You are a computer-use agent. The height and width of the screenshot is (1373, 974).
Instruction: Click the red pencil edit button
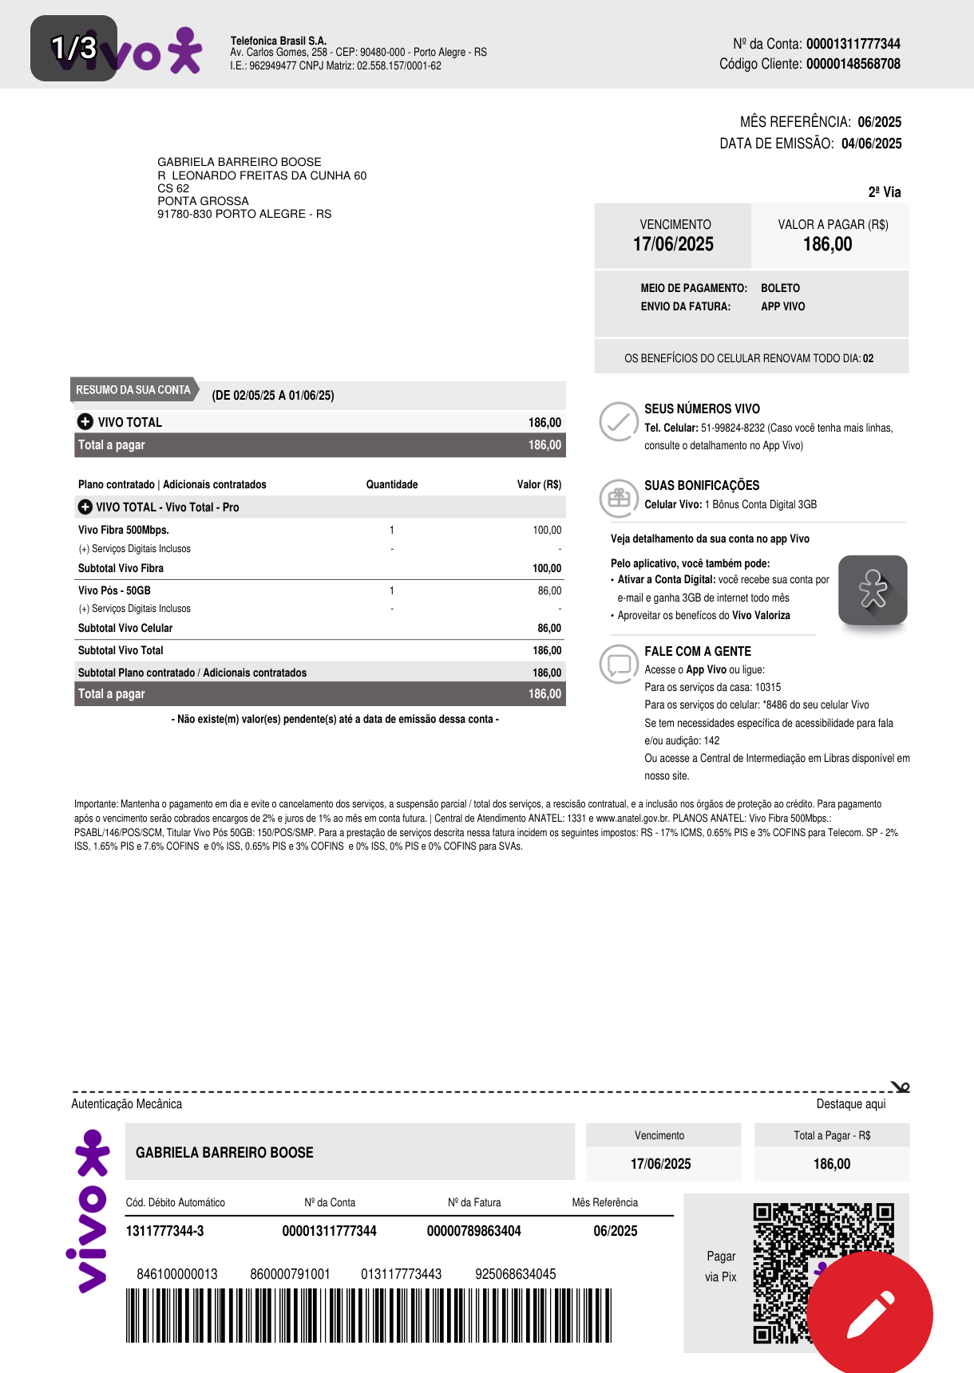869,1314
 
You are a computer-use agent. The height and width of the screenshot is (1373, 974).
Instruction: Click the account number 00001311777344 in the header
853,44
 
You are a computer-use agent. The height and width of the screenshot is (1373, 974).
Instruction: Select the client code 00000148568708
853,64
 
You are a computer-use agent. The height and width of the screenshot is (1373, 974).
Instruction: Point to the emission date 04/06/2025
871,144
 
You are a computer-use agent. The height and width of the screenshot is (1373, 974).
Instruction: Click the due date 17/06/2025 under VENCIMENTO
673,245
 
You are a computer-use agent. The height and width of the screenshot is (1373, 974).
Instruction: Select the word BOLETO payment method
780,288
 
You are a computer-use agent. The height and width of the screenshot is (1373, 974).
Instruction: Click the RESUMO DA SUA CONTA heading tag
133,390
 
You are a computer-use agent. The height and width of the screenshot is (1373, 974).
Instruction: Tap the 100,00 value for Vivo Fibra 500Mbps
547,530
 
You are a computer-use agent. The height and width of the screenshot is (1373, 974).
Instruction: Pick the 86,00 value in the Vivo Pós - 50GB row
549,590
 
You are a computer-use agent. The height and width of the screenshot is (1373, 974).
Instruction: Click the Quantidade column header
392,484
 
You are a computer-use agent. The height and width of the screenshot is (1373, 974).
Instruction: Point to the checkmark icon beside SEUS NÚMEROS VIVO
619,422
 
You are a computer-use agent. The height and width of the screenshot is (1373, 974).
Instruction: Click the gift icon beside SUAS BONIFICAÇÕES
619,498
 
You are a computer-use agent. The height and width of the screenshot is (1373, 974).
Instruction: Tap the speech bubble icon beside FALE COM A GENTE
619,664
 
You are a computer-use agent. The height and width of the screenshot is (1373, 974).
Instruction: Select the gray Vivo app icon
873,590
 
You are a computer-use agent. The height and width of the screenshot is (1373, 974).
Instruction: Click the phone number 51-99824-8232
732,428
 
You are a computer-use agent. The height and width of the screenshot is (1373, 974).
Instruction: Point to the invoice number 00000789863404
473,1231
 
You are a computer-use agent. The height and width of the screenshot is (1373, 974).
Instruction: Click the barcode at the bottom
368,1315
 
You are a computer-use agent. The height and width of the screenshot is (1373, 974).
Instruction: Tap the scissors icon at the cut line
901,1087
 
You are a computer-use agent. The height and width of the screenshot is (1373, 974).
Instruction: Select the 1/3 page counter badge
73,48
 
